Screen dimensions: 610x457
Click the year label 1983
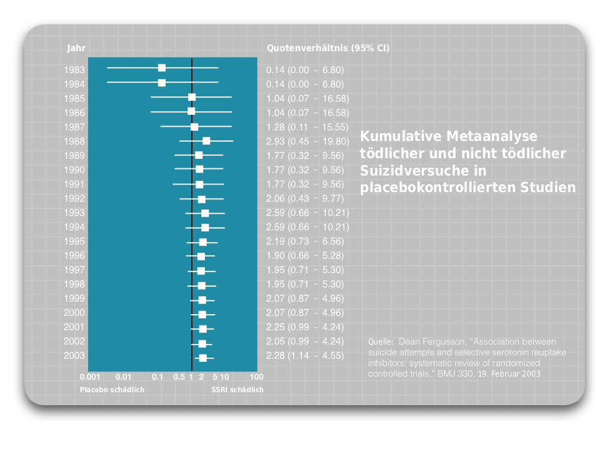74,70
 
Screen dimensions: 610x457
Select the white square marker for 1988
206,140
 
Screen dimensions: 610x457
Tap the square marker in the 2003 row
203,358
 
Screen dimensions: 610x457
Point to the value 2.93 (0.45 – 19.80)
307,142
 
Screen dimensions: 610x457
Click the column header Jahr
76,48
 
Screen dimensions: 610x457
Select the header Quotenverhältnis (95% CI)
328,48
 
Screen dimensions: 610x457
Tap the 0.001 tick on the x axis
90,377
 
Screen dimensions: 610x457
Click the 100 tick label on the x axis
256,377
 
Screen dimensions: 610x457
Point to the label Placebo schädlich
112,390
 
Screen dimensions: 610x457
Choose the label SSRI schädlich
237,390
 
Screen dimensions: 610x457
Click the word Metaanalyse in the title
491,136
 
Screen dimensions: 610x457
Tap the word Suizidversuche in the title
424,171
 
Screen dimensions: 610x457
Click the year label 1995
74,242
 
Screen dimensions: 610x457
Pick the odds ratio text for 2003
305,356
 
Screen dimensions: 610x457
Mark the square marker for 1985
192,97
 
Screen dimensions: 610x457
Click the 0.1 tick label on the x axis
157,377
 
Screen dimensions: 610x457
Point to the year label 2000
74,313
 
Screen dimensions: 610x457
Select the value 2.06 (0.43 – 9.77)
305,199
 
